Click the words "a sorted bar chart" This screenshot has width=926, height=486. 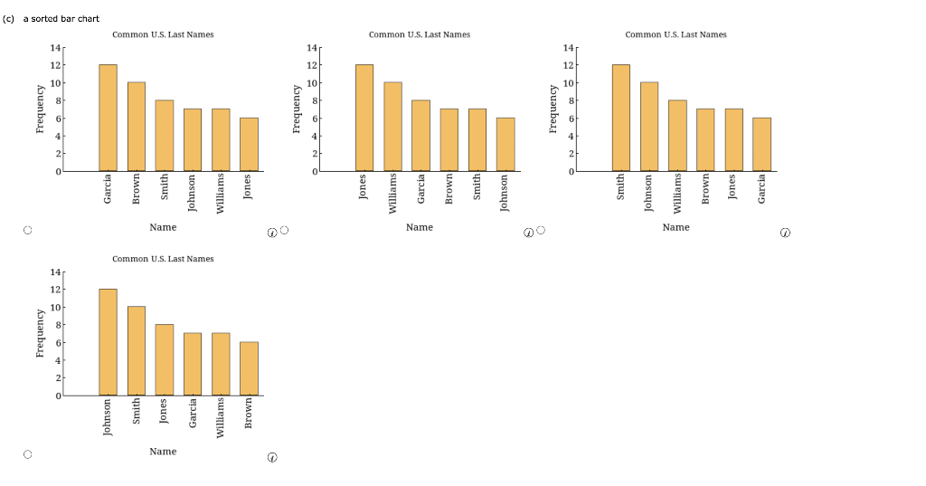(x=61, y=18)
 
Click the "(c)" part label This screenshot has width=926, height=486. (x=9, y=18)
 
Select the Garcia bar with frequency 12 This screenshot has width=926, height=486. (x=108, y=118)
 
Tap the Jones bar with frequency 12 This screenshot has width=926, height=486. (x=364, y=118)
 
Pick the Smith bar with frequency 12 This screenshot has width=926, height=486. (x=621, y=118)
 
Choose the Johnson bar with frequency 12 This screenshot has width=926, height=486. (x=108, y=342)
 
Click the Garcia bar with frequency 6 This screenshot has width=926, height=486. (x=762, y=144)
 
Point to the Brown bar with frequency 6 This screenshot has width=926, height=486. (x=249, y=368)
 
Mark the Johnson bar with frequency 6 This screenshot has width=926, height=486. (x=506, y=144)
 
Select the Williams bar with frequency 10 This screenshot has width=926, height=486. (x=392, y=127)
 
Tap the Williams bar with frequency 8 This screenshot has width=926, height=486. (x=677, y=136)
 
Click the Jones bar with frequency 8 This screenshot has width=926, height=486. (x=164, y=360)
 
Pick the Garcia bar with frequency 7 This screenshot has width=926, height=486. (x=193, y=364)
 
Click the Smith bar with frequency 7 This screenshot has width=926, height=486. (x=477, y=139)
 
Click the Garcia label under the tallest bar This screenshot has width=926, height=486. (x=108, y=187)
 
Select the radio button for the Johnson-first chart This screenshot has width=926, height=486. (x=28, y=456)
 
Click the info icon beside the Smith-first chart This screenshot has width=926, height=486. (x=785, y=233)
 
